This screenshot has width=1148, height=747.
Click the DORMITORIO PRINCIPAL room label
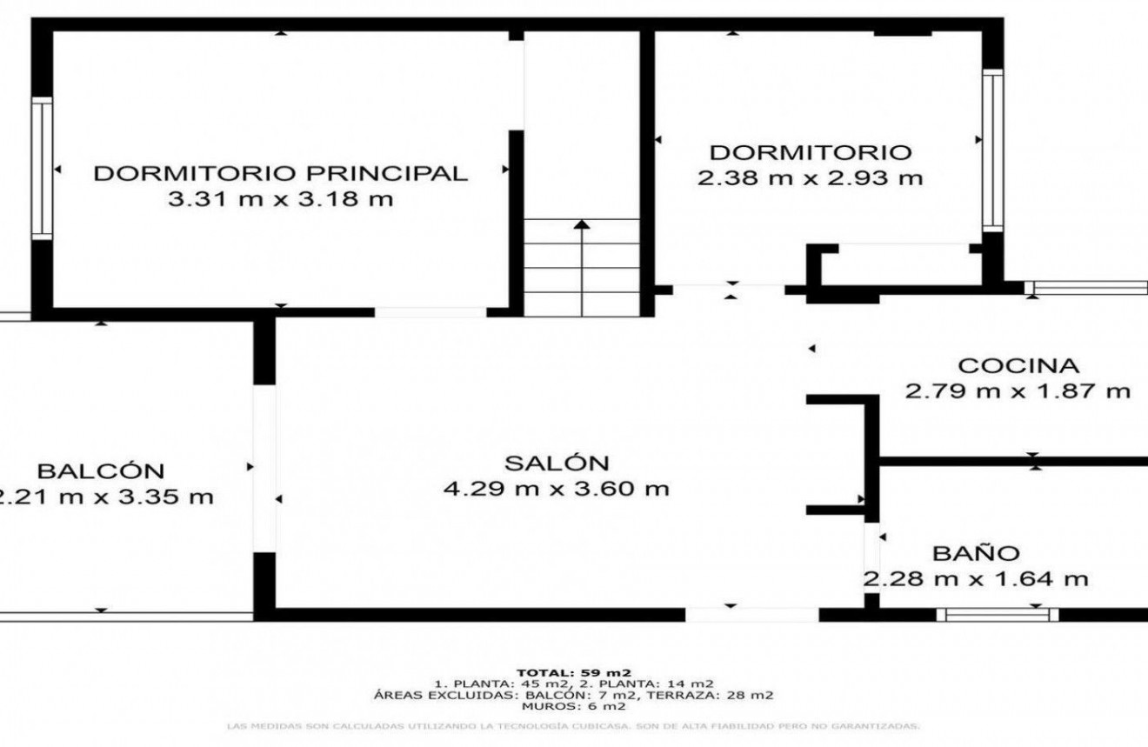click(x=280, y=172)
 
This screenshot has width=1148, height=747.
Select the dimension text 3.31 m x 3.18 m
click(x=280, y=199)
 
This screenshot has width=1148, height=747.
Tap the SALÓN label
click(x=557, y=463)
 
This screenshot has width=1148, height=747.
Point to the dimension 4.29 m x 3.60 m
click(x=557, y=489)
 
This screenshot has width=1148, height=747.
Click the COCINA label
click(x=1018, y=365)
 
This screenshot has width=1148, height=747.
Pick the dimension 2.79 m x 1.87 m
click(x=1018, y=391)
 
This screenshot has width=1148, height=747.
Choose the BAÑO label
click(x=976, y=553)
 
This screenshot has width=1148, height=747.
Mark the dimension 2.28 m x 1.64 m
click(x=976, y=579)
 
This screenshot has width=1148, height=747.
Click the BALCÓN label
click(x=101, y=471)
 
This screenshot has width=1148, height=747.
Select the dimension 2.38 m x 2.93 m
click(x=810, y=178)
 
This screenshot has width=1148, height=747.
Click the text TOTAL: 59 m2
click(x=573, y=672)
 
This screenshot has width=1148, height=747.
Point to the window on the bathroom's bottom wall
click(x=998, y=615)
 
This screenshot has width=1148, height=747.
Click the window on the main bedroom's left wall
click(x=41, y=167)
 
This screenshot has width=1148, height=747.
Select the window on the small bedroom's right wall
click(x=992, y=150)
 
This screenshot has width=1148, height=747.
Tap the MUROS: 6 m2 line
click(x=573, y=705)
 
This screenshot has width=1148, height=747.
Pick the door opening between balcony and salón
click(x=264, y=468)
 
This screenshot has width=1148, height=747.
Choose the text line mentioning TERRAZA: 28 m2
click(x=573, y=695)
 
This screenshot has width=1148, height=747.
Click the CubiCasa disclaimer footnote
click(x=573, y=725)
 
